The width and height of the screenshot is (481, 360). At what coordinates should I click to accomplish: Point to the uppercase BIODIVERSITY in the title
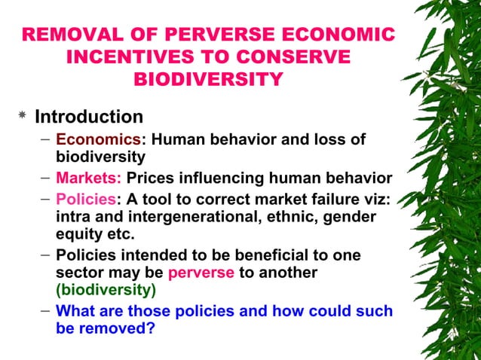pos(208,79)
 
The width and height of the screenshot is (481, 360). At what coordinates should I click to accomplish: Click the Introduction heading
pos(89,117)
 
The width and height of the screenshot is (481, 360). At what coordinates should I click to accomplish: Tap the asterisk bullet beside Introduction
pos(22,117)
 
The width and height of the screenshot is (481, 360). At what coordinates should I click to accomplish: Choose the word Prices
pos(151,178)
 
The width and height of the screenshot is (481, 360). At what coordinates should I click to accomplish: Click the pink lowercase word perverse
pos(201,273)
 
